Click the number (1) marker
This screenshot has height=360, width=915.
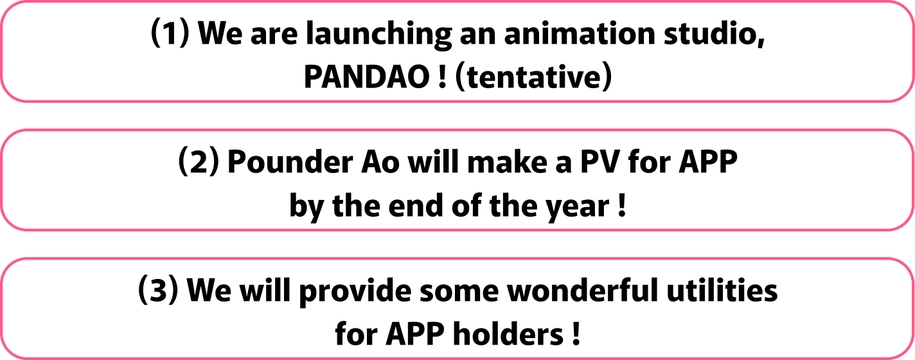[170, 33]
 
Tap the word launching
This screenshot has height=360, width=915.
[378, 35]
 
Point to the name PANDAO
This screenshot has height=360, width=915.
[366, 77]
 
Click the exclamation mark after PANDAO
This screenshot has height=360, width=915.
[441, 77]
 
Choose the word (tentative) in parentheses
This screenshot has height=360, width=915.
[533, 77]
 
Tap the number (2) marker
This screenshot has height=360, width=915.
[199, 162]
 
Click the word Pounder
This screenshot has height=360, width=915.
[290, 162]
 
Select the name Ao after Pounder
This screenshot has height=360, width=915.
[380, 163]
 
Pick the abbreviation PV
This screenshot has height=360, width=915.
[600, 163]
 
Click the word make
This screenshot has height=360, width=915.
[507, 162]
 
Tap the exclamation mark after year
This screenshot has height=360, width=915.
[622, 206]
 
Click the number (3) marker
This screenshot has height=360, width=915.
[159, 290]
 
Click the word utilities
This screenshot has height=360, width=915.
[722, 290]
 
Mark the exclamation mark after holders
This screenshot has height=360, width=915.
[576, 334]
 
